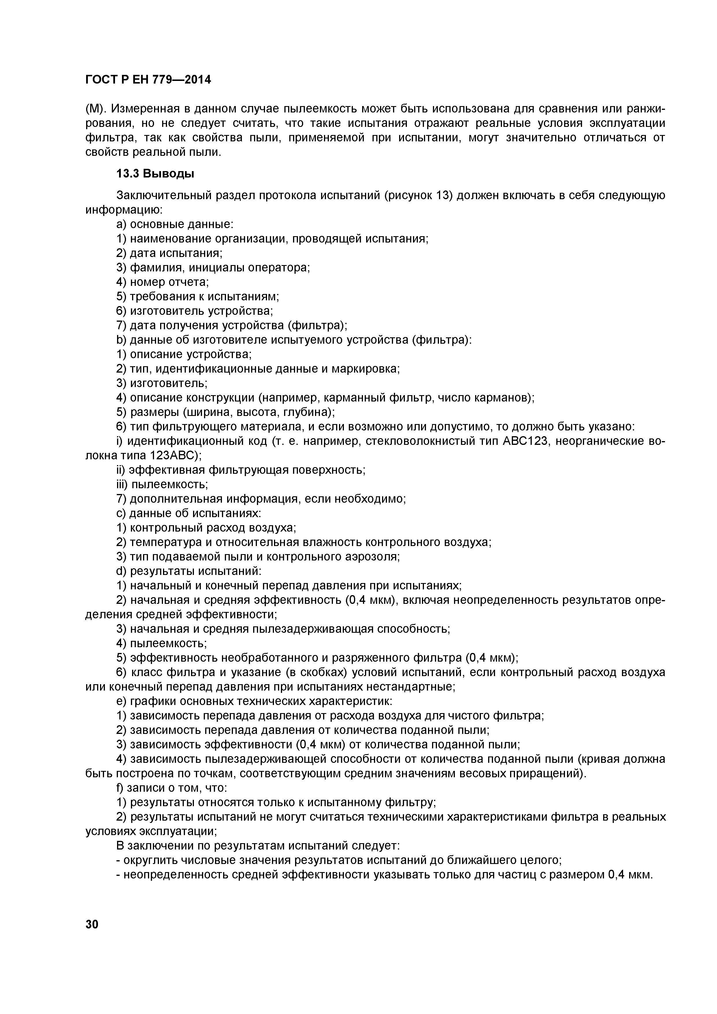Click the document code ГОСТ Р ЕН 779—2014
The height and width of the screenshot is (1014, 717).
(148, 79)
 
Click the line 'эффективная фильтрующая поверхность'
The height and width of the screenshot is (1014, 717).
(241, 470)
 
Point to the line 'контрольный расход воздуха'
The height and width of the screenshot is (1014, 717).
(206, 528)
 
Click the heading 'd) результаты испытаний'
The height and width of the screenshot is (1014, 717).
(189, 571)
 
